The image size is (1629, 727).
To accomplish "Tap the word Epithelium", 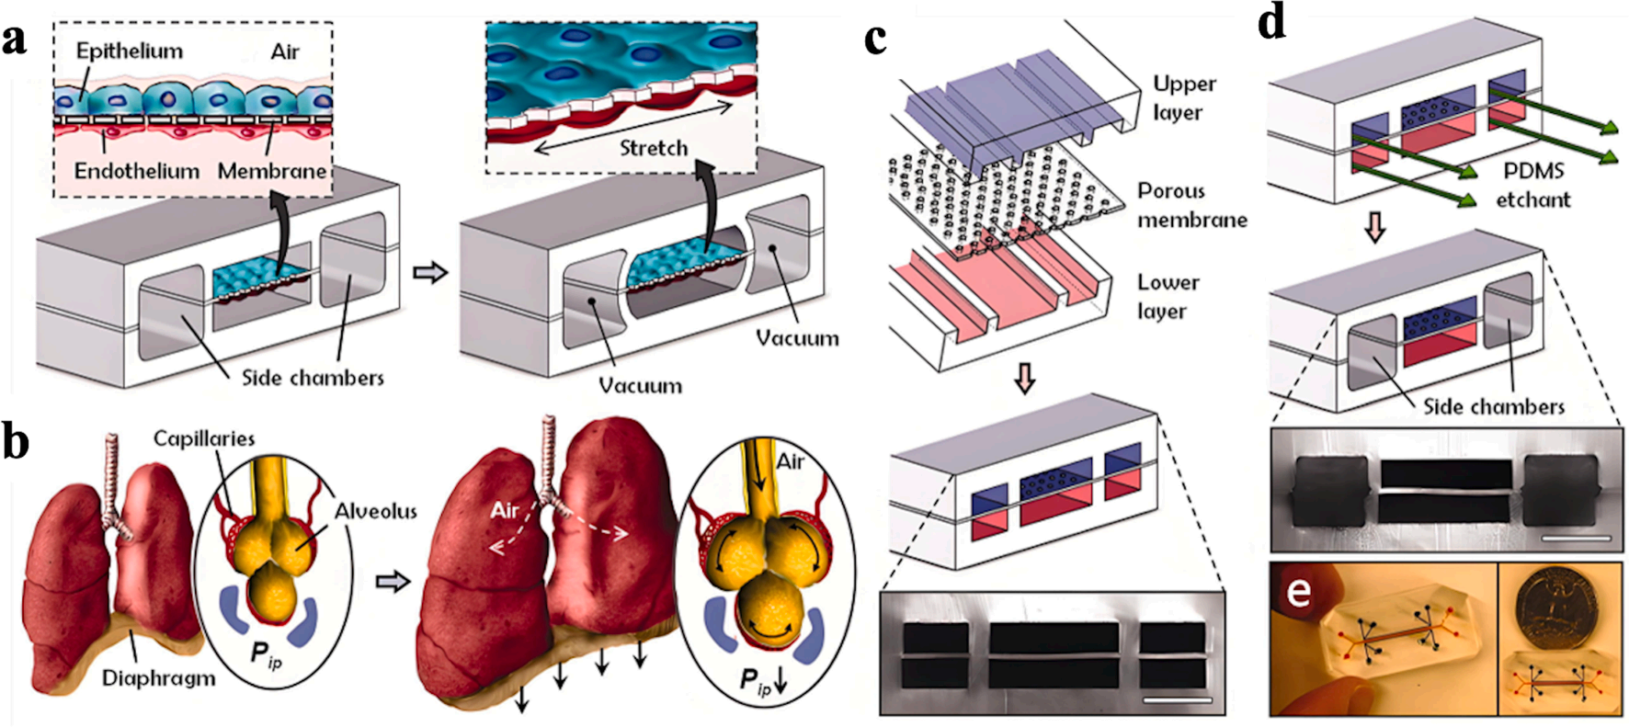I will (129, 51).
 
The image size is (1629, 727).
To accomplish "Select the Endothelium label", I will (136, 171).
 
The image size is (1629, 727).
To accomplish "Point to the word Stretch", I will (653, 148).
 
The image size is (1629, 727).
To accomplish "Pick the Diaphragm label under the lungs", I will (158, 678).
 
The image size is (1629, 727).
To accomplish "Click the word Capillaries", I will (203, 438).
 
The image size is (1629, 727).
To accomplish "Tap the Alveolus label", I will (375, 511).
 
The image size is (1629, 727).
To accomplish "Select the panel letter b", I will (16, 442).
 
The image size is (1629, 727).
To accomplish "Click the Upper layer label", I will (1184, 97).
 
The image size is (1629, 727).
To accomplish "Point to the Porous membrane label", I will (1191, 205).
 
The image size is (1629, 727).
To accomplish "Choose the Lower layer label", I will (1168, 296).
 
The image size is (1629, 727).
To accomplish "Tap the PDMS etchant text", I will (1532, 185).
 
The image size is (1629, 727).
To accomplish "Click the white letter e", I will (1298, 591).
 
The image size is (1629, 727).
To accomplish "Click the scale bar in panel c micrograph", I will (1179, 700).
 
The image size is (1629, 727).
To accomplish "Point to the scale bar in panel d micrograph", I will (1577, 537).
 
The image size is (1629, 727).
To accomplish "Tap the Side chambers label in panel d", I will (1493, 406).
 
